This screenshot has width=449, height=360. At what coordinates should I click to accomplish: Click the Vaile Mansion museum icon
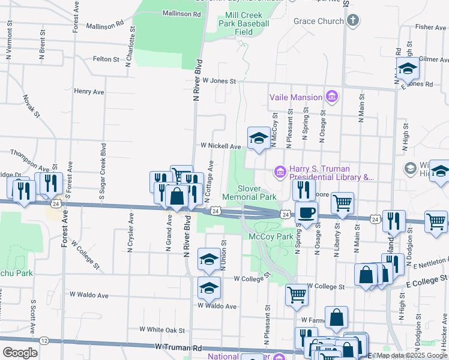coord(331,97)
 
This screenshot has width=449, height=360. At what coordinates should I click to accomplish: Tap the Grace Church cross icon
coord(352,21)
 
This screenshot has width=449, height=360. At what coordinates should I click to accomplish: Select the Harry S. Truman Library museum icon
coord(280,173)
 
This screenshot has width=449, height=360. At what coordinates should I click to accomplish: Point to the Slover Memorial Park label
coord(249,192)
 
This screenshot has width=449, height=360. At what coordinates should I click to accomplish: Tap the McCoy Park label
coord(270,236)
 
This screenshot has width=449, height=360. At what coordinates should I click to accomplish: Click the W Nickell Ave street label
coord(220,146)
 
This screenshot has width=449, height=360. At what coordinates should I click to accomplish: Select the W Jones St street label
coord(219,80)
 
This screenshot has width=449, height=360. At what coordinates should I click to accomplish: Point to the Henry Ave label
coord(89,92)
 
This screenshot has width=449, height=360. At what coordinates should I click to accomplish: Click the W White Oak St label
coord(162,329)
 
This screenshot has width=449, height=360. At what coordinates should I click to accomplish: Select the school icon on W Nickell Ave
coord(259,138)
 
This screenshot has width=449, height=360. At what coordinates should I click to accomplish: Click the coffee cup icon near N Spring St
coord(306,212)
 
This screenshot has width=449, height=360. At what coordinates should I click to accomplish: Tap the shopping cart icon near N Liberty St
coord(342,203)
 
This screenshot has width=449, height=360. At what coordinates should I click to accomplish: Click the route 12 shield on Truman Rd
coord(44,340)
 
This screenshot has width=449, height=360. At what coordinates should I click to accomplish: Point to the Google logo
coord(20,352)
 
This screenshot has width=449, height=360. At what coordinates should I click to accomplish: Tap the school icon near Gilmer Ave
coord(408,69)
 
